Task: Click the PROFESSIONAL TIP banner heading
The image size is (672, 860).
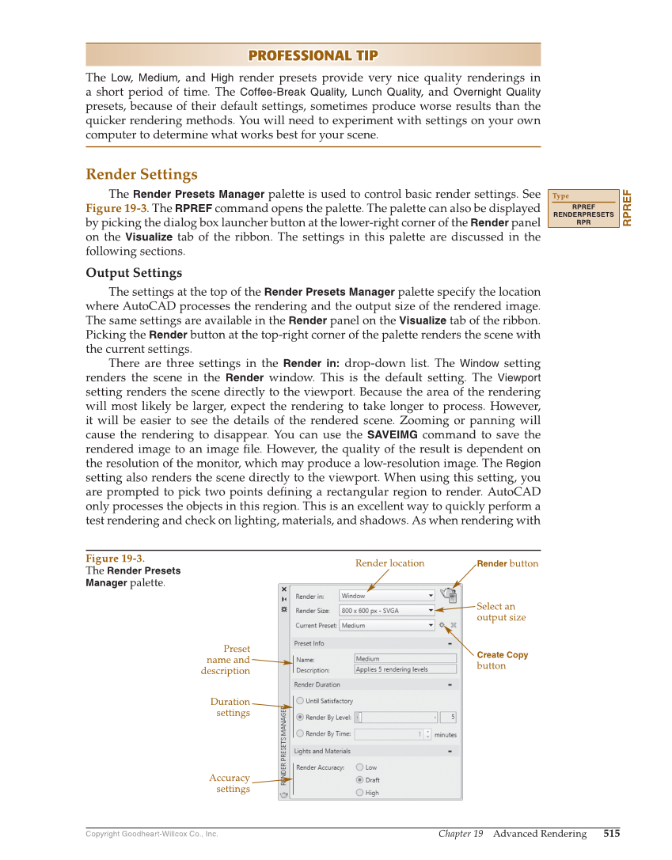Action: tap(313, 55)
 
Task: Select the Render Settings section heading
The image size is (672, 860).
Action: tap(142, 174)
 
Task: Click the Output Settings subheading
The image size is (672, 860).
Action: tap(134, 273)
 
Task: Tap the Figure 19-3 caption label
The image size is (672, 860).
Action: tap(115, 559)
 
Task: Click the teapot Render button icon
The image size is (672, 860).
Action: tap(449, 595)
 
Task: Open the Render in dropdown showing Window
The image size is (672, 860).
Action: tap(387, 596)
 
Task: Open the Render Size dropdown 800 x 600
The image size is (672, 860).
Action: tap(387, 611)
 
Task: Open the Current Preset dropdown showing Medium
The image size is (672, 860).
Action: tap(387, 625)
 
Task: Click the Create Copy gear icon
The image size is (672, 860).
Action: tap(442, 625)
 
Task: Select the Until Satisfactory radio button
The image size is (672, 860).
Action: tap(300, 701)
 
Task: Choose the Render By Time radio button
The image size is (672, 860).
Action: tap(300, 733)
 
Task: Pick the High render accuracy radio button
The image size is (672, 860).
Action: tap(360, 792)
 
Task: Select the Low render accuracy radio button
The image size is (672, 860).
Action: tap(360, 767)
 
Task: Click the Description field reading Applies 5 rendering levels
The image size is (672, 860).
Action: tap(405, 669)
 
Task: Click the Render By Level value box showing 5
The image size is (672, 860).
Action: tap(448, 718)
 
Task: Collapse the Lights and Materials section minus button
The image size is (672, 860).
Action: tap(449, 751)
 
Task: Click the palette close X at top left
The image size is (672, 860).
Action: tap(284, 589)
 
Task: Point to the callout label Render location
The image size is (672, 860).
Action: tap(389, 563)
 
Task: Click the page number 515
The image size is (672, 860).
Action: tap(611, 833)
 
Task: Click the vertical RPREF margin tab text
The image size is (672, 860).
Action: tap(628, 208)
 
